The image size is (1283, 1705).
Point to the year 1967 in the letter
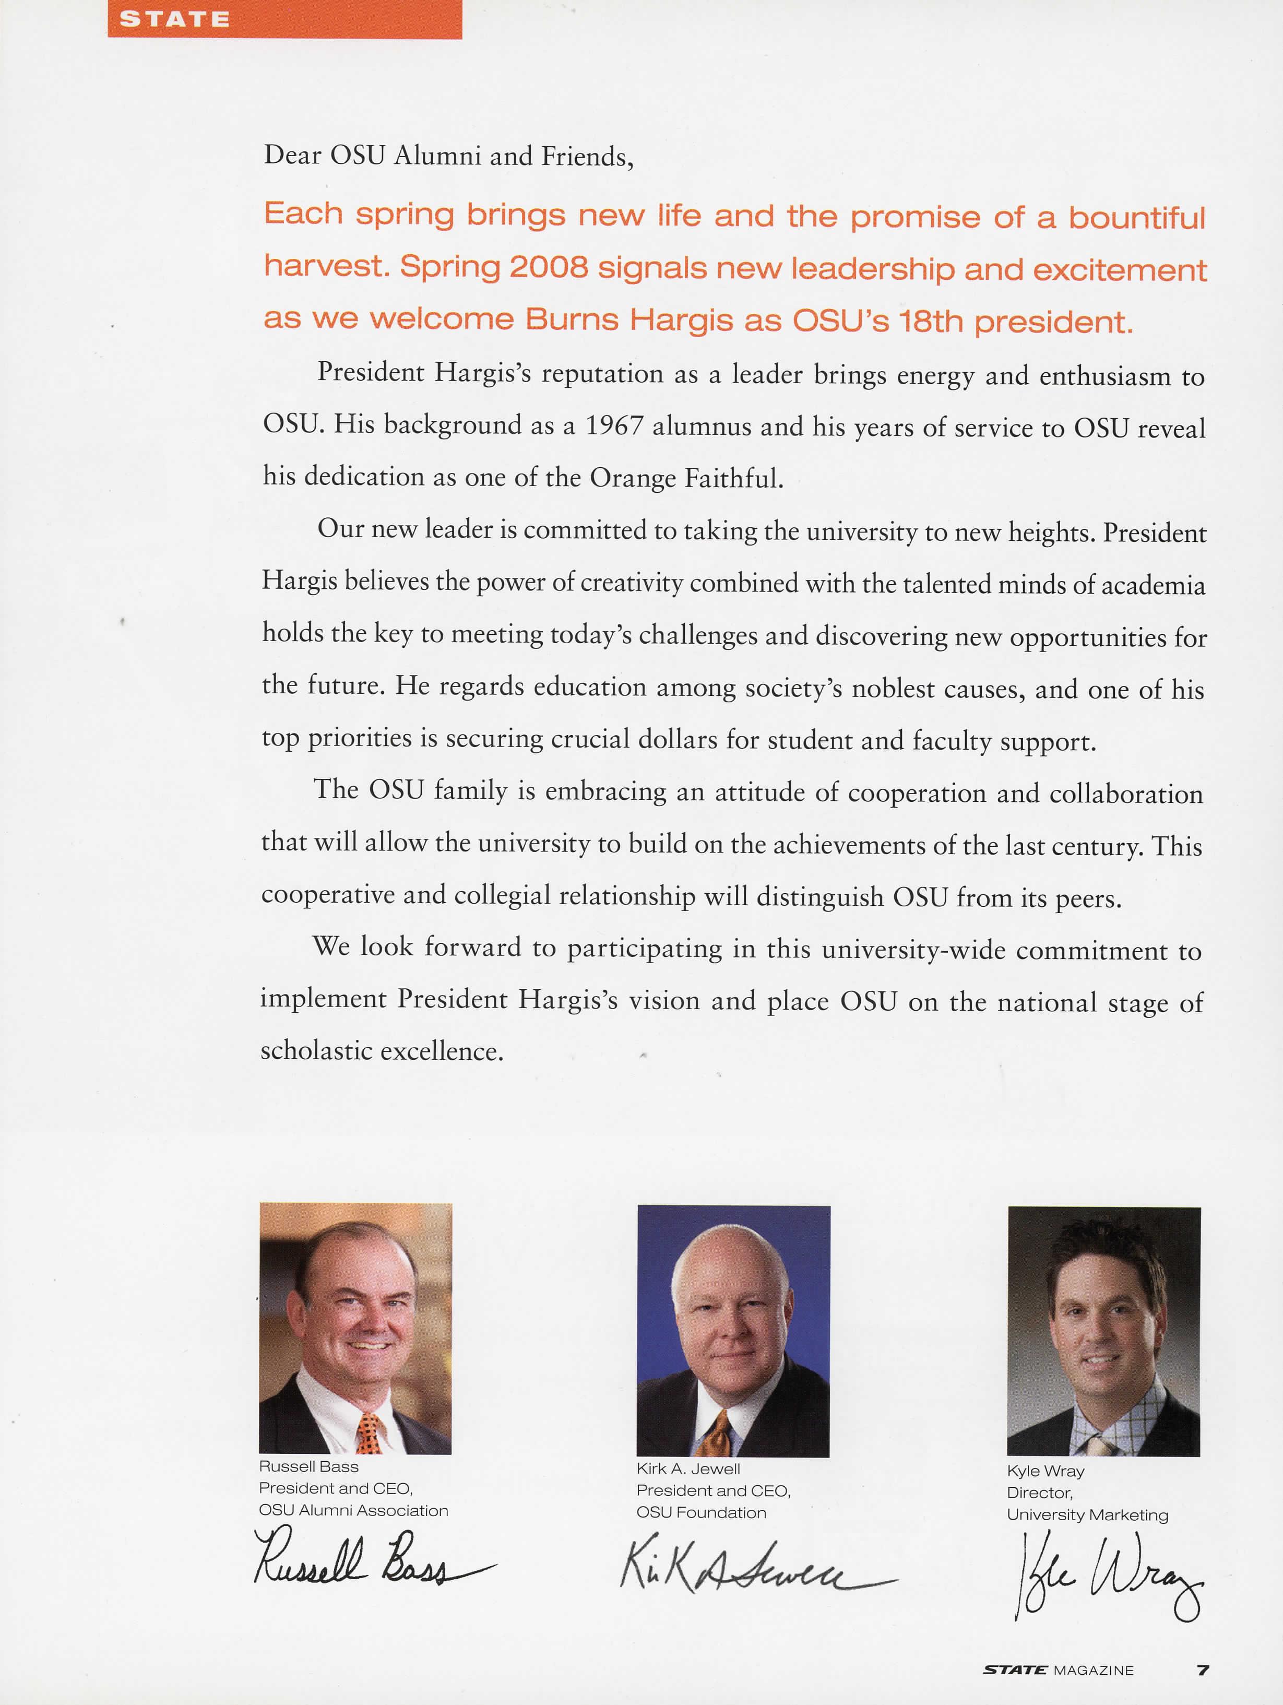613,426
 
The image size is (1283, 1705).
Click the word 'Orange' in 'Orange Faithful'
633,479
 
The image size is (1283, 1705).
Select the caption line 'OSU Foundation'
701,1512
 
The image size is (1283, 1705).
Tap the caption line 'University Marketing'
1087,1514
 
